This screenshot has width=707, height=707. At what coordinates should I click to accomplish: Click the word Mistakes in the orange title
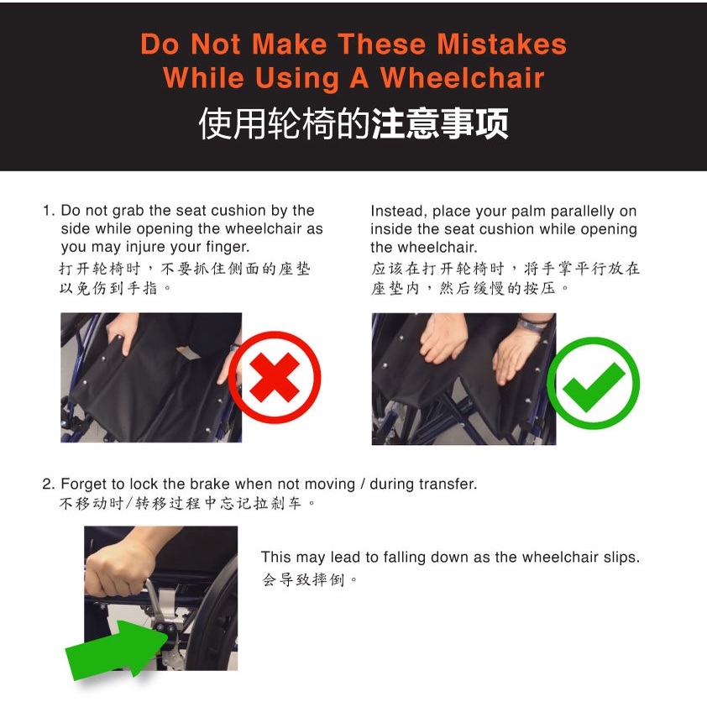click(x=501, y=45)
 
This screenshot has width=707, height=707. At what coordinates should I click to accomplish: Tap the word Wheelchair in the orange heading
click(x=462, y=77)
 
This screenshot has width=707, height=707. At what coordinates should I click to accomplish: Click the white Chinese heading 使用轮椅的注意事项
click(x=353, y=123)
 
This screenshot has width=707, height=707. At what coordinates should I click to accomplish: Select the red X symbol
click(x=275, y=377)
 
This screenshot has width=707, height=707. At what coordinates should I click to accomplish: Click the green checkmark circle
click(x=593, y=383)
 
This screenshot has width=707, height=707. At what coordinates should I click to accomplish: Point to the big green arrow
click(x=119, y=649)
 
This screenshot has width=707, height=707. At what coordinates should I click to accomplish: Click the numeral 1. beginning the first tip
click(x=49, y=211)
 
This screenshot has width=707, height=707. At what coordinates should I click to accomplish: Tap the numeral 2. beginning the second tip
click(x=49, y=484)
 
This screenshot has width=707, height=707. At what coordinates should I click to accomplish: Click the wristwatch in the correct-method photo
click(x=534, y=325)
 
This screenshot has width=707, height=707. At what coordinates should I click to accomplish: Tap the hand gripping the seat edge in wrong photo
click(x=121, y=333)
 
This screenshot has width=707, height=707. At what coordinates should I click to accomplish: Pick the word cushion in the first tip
click(x=238, y=211)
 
